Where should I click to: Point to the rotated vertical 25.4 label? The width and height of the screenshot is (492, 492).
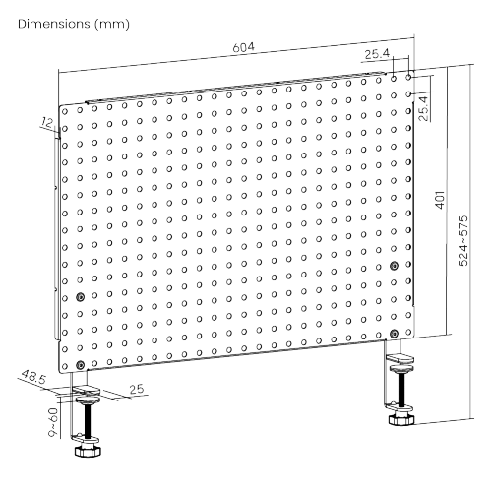tap(424, 106)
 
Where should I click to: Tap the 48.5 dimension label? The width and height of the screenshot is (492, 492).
tap(33, 377)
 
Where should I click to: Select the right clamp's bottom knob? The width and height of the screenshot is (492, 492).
tap(401, 418)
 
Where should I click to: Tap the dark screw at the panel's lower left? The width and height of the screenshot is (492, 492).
tap(80, 295)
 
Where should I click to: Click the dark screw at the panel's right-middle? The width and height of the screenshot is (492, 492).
tap(394, 266)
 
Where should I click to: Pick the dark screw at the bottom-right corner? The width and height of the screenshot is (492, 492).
tap(394, 331)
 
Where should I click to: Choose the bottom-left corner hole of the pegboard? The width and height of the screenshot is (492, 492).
tap(66, 349)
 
